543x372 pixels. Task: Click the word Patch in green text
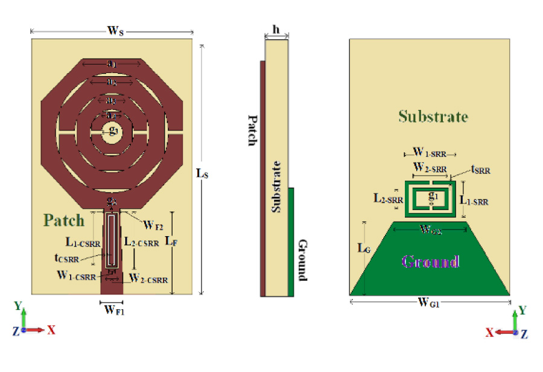point(63,220)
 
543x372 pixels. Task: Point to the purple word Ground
point(430,261)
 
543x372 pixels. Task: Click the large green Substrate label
point(433,116)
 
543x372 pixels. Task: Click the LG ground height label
point(361,248)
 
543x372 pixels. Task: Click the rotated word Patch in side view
point(252,130)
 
